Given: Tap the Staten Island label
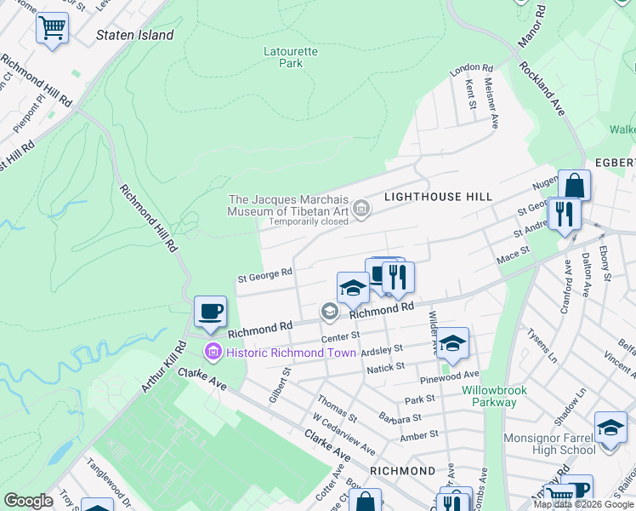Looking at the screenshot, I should click(x=135, y=36).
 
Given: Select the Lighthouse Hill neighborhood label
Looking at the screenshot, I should click(x=438, y=197).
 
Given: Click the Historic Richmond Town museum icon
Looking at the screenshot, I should click(x=213, y=352).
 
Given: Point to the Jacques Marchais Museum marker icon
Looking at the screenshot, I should click(x=361, y=208).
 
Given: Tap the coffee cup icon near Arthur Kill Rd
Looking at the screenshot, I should click(x=210, y=312).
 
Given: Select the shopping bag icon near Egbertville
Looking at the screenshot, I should click(x=574, y=186).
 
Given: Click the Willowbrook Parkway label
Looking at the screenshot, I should click(x=494, y=396).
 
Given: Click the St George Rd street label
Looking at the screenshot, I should click(x=264, y=275).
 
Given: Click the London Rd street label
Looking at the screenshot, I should click(x=472, y=68).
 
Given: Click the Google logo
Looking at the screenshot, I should click(x=28, y=501).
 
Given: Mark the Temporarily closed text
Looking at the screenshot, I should click(x=309, y=221).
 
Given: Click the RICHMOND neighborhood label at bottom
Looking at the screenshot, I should click(x=402, y=470).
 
